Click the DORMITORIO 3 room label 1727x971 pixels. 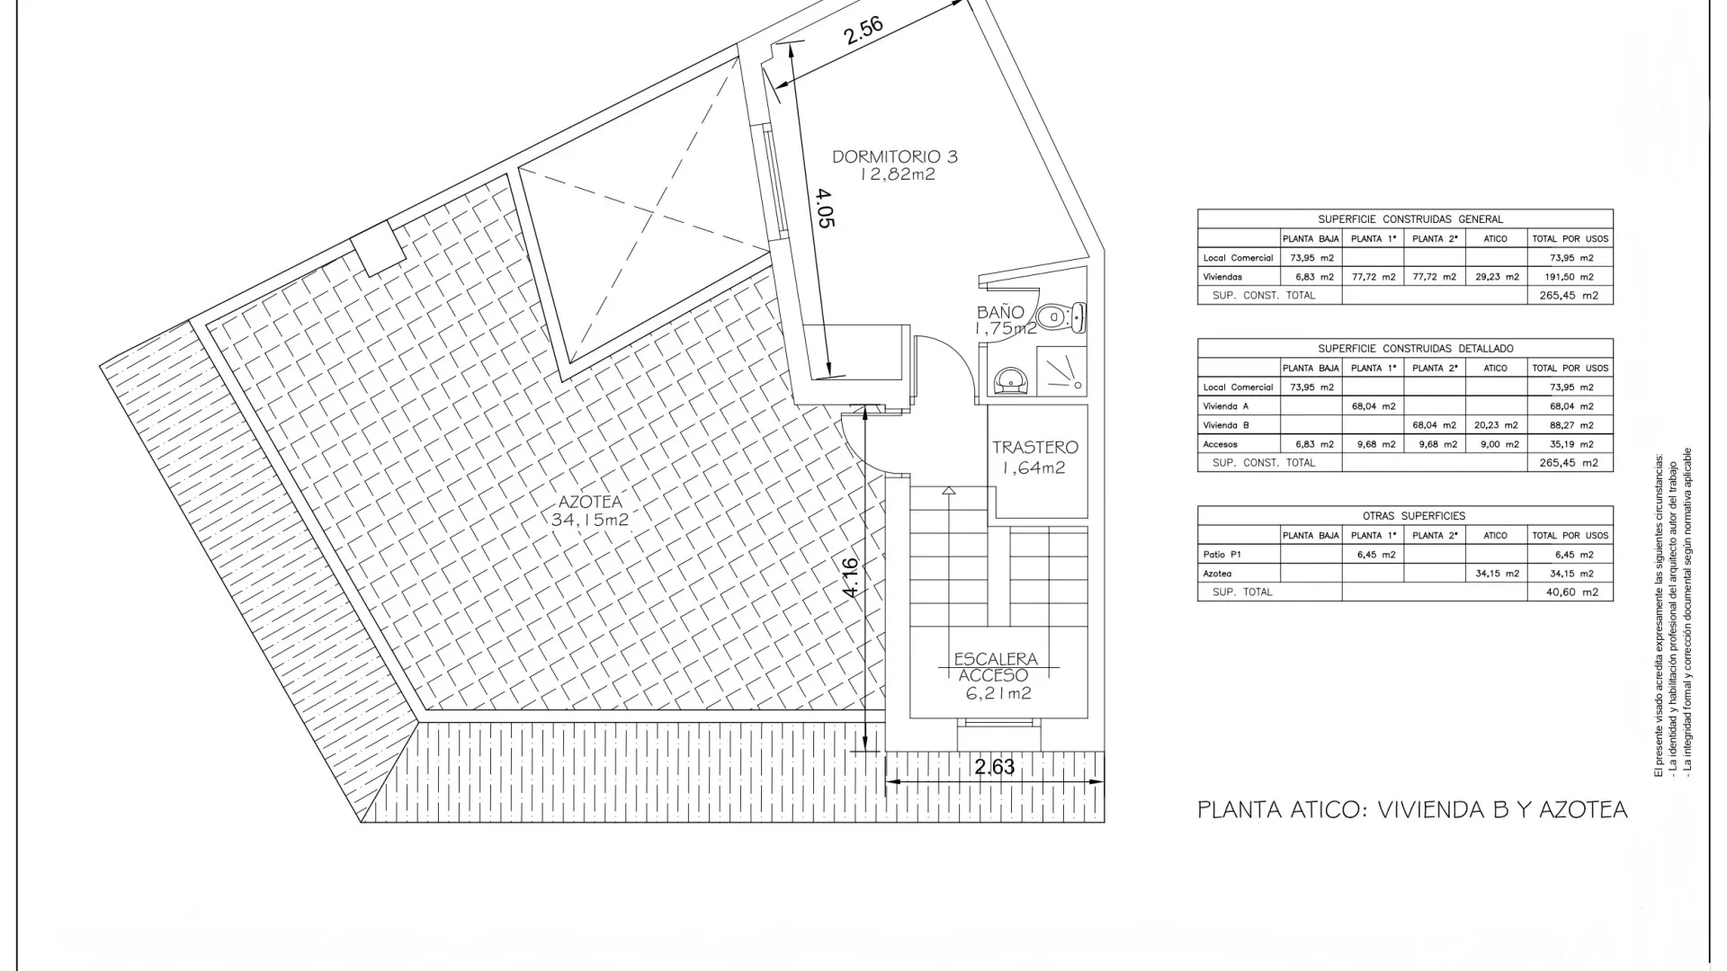(895, 156)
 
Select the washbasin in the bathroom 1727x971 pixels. (1013, 382)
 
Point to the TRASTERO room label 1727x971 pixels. (1034, 447)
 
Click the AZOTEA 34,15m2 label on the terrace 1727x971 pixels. (589, 511)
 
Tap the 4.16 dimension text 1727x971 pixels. (851, 577)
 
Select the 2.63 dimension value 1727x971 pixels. (995, 767)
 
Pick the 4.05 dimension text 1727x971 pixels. (826, 207)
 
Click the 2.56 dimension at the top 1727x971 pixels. (863, 31)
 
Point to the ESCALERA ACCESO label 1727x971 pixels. (996, 667)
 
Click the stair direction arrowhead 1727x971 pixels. (949, 491)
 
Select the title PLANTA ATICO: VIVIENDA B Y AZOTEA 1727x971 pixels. (1412, 810)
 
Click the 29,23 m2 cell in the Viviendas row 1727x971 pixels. (1495, 277)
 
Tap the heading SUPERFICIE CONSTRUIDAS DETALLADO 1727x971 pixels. (1416, 348)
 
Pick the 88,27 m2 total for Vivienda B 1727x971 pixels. (1571, 425)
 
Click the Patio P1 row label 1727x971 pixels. (1221, 555)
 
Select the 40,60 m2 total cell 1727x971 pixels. (1571, 592)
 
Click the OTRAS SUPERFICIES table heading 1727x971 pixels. (1414, 516)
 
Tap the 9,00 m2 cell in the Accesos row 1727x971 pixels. (1495, 444)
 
